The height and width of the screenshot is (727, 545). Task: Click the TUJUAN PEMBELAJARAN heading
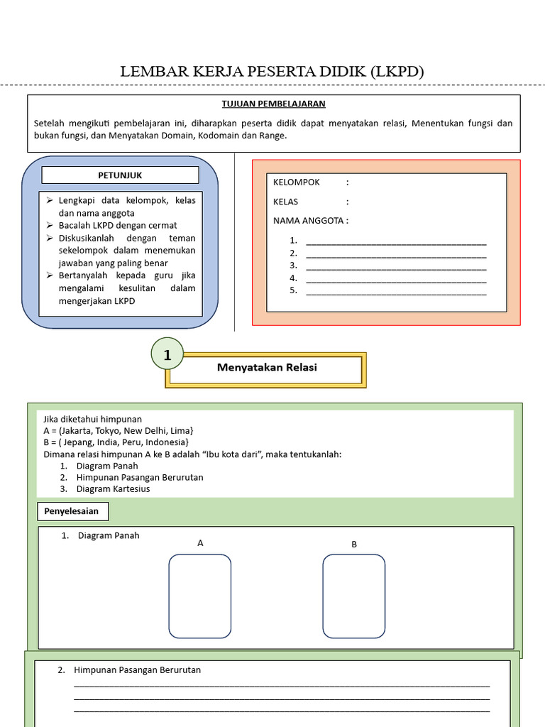273,104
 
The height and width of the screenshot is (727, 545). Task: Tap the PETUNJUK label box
120,175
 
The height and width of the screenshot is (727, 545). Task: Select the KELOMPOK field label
297,182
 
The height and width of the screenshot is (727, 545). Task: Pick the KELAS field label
286,202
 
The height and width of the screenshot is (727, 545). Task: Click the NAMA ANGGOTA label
309,221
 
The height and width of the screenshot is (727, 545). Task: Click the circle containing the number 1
167,355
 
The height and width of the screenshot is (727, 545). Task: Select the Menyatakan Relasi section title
266,368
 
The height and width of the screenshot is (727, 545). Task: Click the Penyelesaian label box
73,511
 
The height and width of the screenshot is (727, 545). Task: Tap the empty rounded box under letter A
199,596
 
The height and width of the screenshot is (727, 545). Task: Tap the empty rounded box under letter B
353,596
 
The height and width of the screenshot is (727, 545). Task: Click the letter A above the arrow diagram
200,543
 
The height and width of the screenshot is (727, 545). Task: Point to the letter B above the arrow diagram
354,545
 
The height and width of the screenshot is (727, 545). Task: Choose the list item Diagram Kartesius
113,489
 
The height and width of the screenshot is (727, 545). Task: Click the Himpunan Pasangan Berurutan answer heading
137,670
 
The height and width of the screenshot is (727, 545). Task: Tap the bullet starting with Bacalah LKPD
117,226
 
